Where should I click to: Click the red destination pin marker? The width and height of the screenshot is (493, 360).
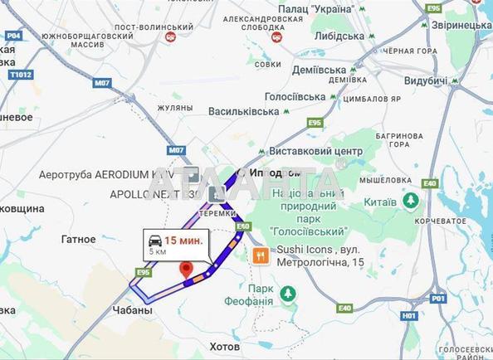point(187,270)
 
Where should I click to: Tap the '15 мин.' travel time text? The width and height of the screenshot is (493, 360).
point(182,241)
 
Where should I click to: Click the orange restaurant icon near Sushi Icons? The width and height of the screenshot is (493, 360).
point(261,255)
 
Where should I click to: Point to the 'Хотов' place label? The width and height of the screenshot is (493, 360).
point(223,346)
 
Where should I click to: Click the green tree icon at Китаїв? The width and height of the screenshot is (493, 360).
point(410,200)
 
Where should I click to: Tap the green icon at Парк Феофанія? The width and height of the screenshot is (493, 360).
point(287,294)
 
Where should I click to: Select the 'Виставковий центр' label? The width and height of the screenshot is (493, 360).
point(316,152)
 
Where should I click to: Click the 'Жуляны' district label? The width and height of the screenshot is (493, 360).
point(174,107)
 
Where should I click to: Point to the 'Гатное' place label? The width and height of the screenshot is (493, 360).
point(78,239)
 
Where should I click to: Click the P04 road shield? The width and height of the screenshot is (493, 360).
point(12,36)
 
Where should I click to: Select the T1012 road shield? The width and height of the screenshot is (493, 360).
point(20,74)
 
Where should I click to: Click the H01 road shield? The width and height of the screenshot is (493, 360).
point(408,315)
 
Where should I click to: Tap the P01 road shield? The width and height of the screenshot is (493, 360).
point(438,298)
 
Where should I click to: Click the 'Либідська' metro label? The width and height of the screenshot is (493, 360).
point(340,36)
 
